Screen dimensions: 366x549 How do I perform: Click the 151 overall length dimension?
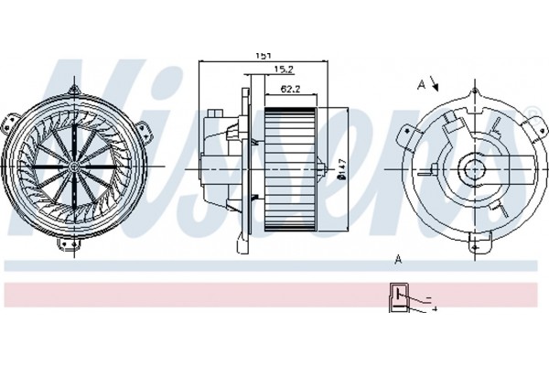pyautogui.click(x=264, y=56)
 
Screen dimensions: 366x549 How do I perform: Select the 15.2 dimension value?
pyautogui.click(x=284, y=70)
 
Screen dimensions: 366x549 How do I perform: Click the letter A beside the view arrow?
pyautogui.click(x=421, y=84)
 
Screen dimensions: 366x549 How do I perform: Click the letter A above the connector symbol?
pyautogui.click(x=398, y=260)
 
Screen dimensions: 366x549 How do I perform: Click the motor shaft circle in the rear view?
pyautogui.click(x=474, y=169)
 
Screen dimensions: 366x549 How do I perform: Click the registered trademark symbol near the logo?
pyautogui.click(x=531, y=114)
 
